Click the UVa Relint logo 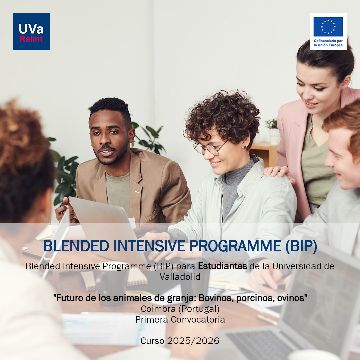click(x=31, y=32)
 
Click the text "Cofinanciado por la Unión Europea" click(x=328, y=43)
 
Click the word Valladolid click(x=180, y=276)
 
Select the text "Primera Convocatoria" click(x=180, y=319)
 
